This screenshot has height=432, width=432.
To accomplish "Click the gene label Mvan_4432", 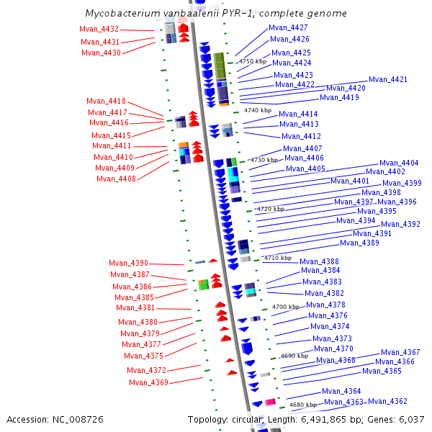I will [99, 29].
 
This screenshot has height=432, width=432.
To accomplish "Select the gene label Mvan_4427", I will [288, 27].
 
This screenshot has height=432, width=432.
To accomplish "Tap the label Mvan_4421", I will [388, 79].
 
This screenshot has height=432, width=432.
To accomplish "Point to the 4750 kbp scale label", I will [253, 62].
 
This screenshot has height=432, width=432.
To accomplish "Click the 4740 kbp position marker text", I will [258, 110].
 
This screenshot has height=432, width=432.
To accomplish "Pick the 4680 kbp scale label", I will [302, 405].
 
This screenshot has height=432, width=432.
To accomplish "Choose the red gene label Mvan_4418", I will [106, 101].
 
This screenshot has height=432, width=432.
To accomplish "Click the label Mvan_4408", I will [116, 179].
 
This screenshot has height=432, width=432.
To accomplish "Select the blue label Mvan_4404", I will [399, 163].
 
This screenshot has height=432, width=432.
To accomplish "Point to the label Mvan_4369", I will [148, 382].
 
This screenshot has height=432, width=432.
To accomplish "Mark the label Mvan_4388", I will [319, 261].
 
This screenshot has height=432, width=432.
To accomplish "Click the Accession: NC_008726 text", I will [55, 419].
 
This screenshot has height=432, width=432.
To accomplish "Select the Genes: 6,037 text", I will [400, 419].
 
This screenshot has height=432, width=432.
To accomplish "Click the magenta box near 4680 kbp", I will [270, 402].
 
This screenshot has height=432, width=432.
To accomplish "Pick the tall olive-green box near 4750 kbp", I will [220, 66].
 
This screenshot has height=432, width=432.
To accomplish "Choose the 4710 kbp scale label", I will [278, 257].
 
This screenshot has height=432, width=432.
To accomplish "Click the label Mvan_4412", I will [301, 136].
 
